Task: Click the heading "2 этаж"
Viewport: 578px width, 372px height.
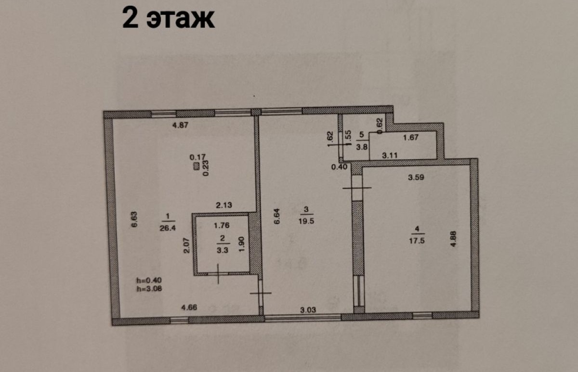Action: click(168, 18)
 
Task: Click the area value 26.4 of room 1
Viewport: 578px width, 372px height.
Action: click(168, 228)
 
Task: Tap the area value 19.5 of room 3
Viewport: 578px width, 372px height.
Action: click(306, 221)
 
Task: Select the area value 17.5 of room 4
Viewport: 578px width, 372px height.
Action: click(417, 241)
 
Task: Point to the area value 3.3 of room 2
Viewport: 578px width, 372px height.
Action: click(223, 250)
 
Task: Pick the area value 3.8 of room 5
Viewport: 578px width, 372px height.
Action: click(362, 147)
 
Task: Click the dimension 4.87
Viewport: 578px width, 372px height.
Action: click(180, 125)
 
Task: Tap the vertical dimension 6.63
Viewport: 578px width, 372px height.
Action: click(134, 219)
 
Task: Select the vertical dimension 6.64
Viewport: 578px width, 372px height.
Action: click(276, 216)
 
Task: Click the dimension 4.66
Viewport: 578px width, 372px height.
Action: click(189, 308)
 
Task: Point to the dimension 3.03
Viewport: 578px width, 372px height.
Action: click(308, 309)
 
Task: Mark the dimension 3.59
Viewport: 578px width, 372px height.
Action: click(416, 178)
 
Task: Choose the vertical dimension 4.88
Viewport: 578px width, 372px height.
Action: click(453, 239)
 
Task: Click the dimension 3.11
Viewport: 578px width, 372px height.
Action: click(390, 155)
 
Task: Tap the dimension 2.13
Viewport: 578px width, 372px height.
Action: click(223, 205)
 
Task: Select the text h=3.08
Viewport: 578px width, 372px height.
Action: click(149, 288)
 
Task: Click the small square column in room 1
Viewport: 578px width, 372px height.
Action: click(197, 167)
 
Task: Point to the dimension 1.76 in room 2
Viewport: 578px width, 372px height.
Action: click(222, 225)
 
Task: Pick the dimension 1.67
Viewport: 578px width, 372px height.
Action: click(410, 138)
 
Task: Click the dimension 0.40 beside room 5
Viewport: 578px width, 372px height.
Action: click(339, 167)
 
